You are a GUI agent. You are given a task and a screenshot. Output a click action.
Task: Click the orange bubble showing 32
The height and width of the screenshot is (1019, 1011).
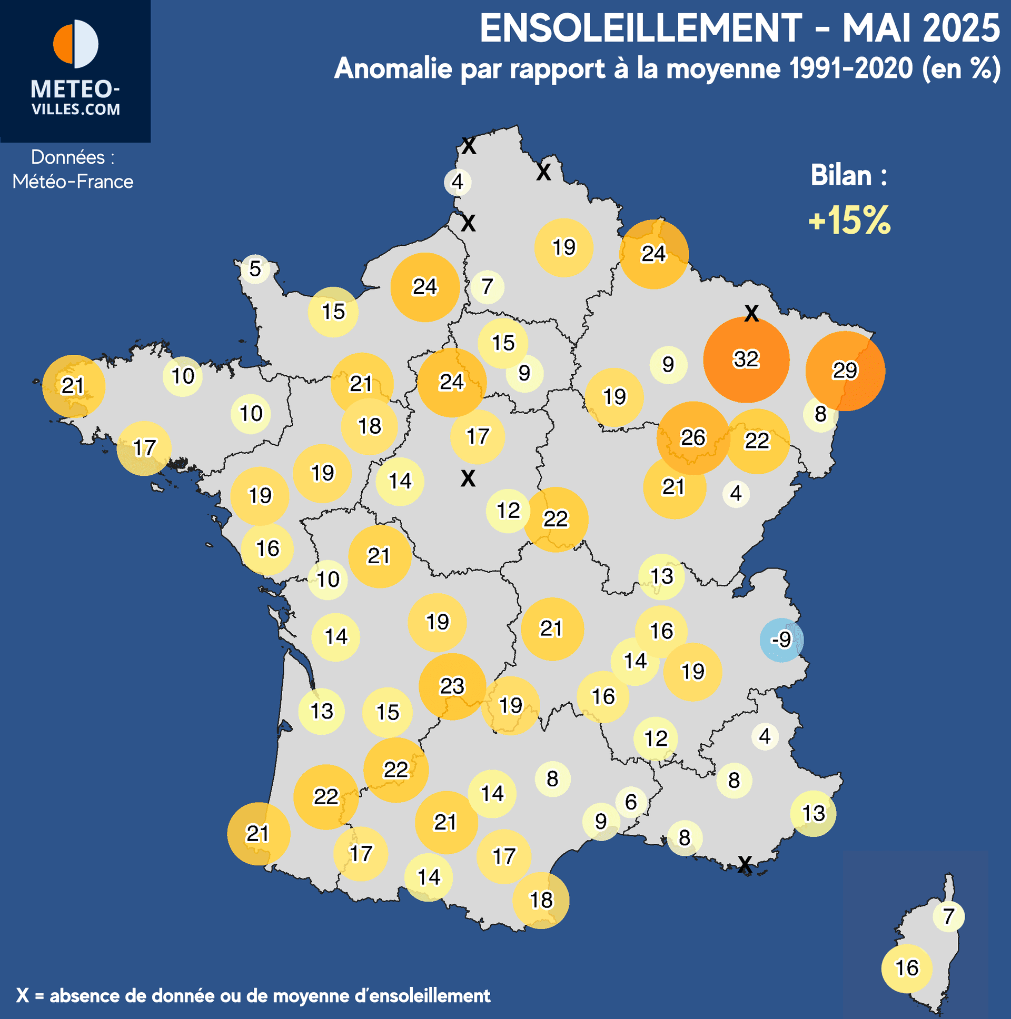(746, 359)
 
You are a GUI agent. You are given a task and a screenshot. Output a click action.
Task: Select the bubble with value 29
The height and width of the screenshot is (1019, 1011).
(845, 371)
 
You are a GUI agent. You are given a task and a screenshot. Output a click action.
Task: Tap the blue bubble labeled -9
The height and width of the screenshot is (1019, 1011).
(781, 640)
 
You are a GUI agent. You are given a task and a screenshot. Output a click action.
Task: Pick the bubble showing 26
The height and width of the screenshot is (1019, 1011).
(693, 438)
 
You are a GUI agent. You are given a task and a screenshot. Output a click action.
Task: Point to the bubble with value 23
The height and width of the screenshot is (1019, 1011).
(452, 686)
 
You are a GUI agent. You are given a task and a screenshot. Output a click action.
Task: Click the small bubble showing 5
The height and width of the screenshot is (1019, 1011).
(255, 269)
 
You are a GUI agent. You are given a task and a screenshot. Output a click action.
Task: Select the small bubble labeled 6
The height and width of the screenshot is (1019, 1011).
(631, 802)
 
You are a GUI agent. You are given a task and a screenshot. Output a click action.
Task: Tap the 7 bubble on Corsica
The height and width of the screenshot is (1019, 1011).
(948, 916)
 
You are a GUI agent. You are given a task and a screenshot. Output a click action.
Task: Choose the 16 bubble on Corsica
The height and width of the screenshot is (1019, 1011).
(907, 968)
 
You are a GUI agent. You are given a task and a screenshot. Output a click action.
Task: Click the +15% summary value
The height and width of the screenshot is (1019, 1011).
(849, 220)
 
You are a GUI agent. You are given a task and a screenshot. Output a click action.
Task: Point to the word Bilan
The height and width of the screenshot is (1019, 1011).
(841, 176)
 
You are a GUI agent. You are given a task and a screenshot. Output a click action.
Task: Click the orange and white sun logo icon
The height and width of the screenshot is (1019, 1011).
(75, 44)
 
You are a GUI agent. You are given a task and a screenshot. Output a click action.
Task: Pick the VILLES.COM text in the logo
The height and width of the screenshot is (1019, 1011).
(75, 109)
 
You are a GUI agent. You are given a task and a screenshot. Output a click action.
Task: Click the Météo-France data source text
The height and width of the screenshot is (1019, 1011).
(73, 182)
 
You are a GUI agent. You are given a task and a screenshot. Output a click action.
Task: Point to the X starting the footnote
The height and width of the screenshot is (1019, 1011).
(22, 996)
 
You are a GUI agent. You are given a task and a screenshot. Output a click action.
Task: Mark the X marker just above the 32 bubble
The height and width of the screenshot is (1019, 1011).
(751, 314)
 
